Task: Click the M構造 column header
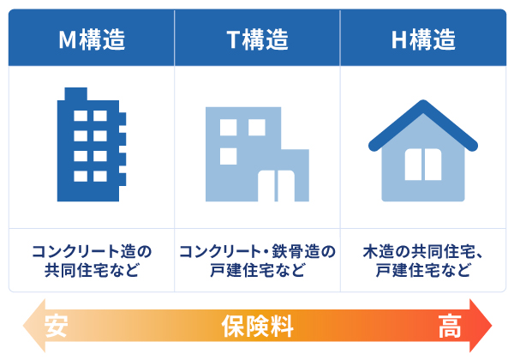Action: [91, 39]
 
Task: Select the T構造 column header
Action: [257, 39]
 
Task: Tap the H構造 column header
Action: [423, 39]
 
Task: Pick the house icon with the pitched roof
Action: [423, 152]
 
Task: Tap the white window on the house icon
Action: [423, 165]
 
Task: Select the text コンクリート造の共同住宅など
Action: [91, 261]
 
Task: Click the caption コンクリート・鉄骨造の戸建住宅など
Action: [257, 261]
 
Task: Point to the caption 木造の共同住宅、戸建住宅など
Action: [423, 261]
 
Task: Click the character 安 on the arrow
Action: [57, 327]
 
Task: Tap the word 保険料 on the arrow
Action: [257, 327]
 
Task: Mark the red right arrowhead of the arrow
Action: [481, 327]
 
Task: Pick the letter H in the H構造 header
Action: [398, 39]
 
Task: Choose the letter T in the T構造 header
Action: [232, 39]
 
